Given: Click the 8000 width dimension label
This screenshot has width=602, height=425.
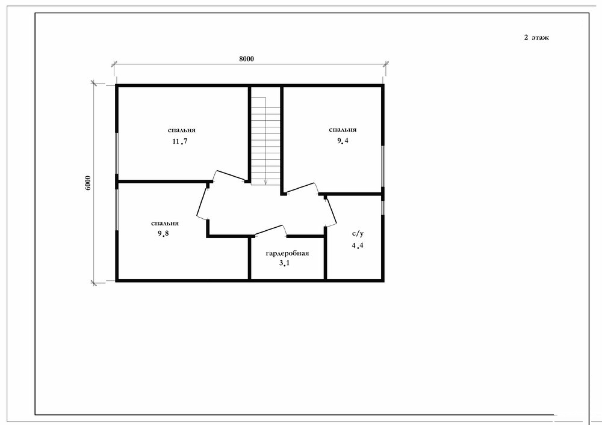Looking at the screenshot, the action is [x=246, y=59].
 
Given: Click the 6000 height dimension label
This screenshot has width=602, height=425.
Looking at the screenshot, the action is [x=88, y=183].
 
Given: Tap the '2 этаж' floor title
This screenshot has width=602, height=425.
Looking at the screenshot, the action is [x=536, y=37].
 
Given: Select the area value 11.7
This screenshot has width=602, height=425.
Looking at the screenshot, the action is [x=179, y=141].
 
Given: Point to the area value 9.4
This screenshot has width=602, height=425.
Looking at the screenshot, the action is [x=343, y=141].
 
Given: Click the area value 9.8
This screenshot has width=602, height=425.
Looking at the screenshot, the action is [x=163, y=233].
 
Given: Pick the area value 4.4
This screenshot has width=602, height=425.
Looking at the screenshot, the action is [x=358, y=246].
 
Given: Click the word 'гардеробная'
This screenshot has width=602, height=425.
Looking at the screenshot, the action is [x=287, y=253].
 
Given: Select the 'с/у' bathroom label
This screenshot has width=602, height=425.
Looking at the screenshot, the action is [x=358, y=234].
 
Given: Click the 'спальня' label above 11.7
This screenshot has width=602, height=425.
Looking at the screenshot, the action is [x=182, y=130].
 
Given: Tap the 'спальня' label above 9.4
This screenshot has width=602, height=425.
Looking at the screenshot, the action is [x=343, y=129].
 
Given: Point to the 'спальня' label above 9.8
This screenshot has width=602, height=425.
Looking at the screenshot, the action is [x=165, y=224].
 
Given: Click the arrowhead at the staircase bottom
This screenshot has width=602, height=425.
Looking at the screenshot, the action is [x=265, y=182].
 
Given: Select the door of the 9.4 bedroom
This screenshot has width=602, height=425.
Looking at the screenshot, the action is [x=302, y=188].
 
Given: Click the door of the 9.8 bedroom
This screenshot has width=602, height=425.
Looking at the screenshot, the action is [x=202, y=203].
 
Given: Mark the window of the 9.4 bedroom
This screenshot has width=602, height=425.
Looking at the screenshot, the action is [x=382, y=166].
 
